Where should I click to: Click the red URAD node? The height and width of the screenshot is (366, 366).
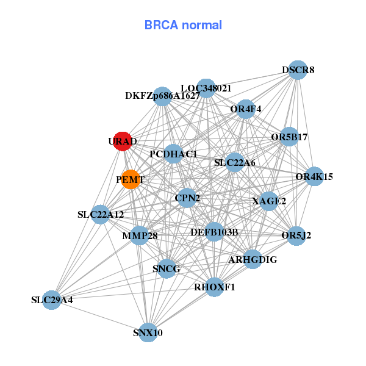point(123,140)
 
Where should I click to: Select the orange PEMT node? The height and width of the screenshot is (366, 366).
point(131,179)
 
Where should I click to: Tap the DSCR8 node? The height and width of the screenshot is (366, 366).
point(297,70)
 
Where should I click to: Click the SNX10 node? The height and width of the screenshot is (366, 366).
point(148,332)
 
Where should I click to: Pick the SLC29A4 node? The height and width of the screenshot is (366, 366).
point(52,300)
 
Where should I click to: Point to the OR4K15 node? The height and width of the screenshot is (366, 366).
point(314,177)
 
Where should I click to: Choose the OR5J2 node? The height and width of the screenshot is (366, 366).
point(296,235)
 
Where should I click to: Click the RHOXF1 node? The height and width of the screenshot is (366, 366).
point(214,287)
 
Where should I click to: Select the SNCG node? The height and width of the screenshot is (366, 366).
point(167,268)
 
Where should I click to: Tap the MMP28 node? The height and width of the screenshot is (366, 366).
point(140,235)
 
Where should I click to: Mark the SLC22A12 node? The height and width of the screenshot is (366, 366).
point(101,214)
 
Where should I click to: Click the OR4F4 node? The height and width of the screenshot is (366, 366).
point(246,110)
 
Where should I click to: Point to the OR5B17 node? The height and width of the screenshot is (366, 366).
point(289,137)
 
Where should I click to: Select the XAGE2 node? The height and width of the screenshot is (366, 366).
point(269,201)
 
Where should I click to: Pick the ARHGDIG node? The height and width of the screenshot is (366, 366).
point(253,259)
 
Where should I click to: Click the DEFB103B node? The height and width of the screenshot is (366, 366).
point(214,232)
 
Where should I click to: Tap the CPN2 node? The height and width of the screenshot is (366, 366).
point(187,198)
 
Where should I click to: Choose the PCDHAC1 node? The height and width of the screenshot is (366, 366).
point(173,154)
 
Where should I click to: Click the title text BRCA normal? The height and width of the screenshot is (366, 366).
point(183,26)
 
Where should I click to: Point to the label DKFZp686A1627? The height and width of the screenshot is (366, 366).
point(162,96)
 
